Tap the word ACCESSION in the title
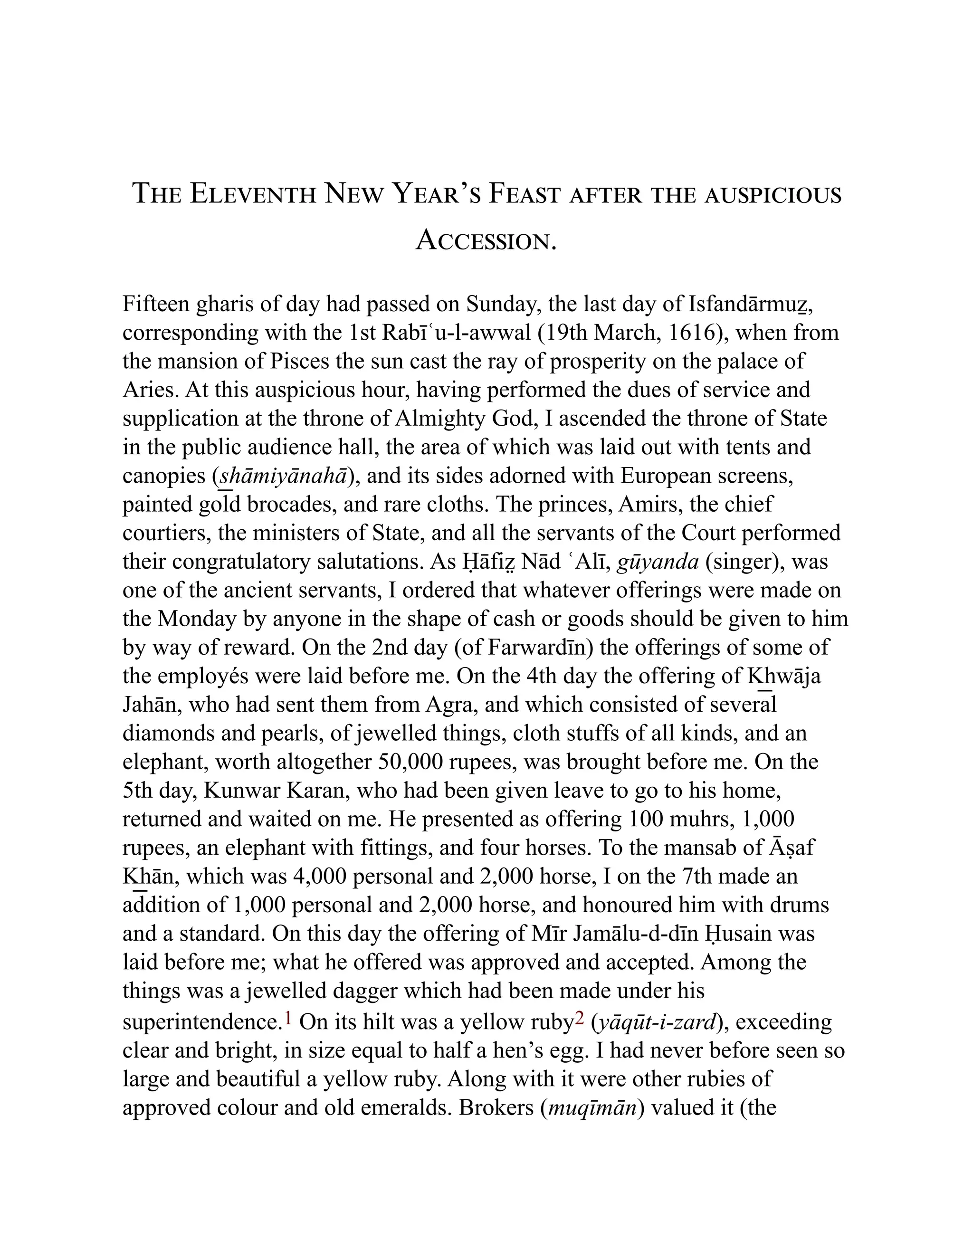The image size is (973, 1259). tap(486, 240)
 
